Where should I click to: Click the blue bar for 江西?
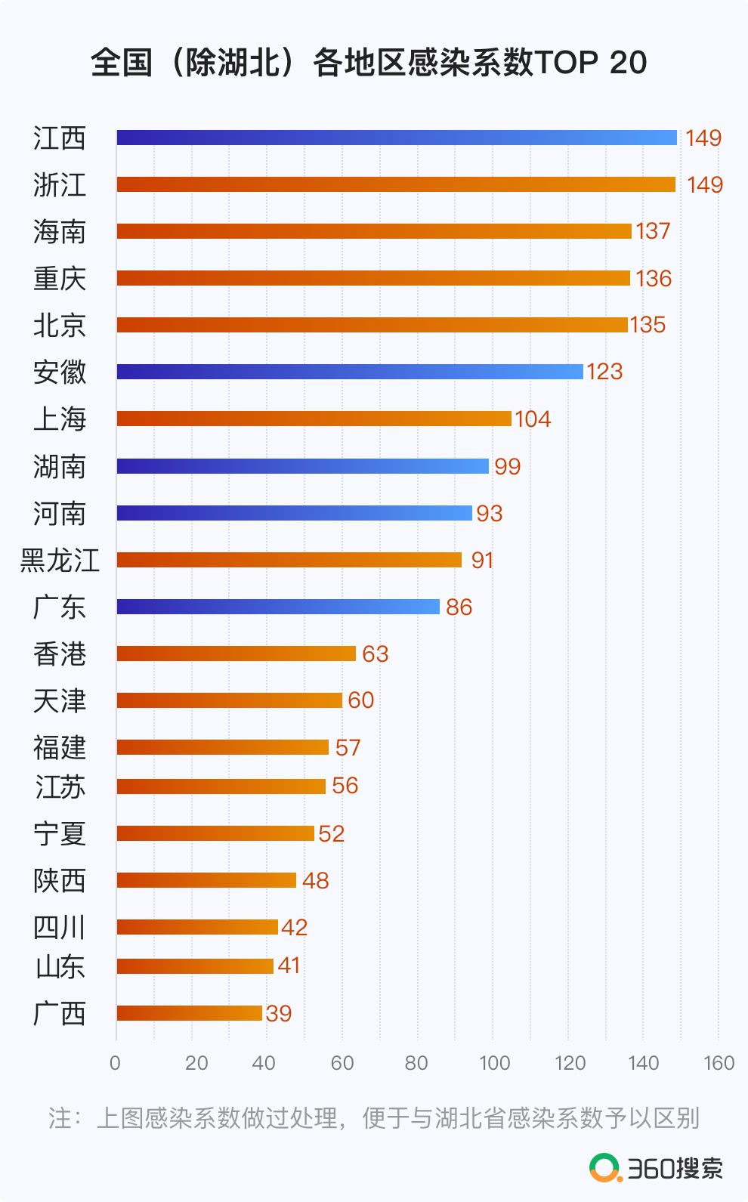397,138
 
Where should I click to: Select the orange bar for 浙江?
396,184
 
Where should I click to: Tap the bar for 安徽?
350,372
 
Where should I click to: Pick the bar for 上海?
314,419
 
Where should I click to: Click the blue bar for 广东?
278,607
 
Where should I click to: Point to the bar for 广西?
190,1013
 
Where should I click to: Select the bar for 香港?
236,654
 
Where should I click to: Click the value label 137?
653,231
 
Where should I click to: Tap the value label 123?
604,372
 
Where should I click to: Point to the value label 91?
482,560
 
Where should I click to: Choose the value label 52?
331,833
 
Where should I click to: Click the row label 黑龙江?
60,560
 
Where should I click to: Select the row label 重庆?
60,278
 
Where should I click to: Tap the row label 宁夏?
60,833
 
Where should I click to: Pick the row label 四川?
60,927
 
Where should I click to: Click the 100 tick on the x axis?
494,1063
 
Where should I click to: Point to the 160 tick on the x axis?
719,1063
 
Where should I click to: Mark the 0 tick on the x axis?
115,1063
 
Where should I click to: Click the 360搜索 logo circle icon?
604,1168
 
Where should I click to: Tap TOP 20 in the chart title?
590,62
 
